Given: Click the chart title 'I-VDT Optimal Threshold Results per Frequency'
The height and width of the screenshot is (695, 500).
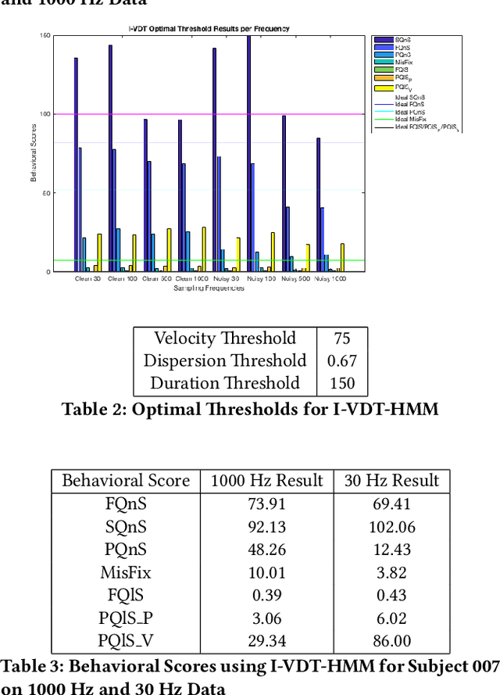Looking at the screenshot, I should click(209, 29).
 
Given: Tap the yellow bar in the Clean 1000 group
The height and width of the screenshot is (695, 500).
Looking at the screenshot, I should click(204, 249).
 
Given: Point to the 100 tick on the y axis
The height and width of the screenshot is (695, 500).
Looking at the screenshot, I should click(46, 114).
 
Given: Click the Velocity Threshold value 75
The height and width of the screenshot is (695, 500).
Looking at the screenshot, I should click(341, 339).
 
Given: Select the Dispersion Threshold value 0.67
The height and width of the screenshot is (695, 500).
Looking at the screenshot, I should click(341, 360).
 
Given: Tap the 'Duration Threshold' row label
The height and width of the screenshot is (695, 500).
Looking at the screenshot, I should click(225, 383).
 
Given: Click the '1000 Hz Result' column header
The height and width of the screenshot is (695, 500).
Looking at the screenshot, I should click(266, 481).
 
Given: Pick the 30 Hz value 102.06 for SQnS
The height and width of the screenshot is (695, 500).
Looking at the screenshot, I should click(391, 527).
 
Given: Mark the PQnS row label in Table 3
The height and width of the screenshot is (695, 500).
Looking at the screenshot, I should click(125, 550).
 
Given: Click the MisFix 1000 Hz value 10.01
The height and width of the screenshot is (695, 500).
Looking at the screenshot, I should click(266, 572).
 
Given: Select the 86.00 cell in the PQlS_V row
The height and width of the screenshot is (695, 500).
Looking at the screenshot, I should click(391, 641).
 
